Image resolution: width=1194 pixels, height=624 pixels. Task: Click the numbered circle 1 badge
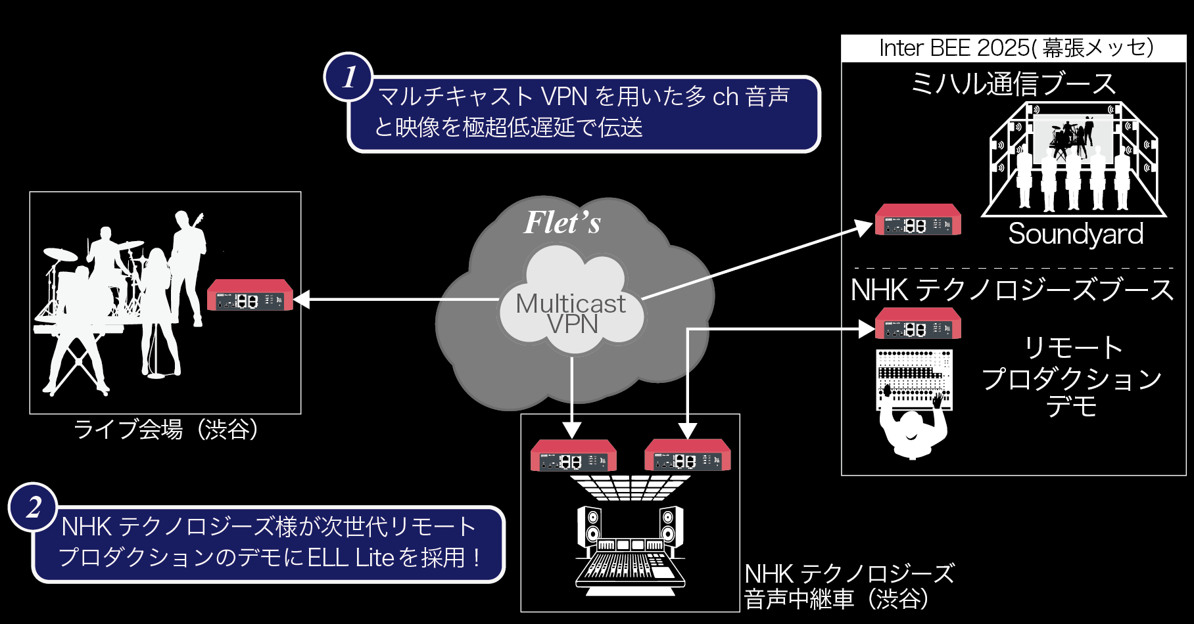348,77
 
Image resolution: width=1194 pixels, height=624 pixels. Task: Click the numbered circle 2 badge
33,508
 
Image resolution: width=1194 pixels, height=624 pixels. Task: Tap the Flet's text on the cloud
562,222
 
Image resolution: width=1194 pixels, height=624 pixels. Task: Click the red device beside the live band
250,296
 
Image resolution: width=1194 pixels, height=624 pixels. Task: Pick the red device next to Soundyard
918,220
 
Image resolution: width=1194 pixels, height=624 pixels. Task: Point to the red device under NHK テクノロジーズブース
918,324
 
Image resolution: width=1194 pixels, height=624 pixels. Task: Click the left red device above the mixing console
573,456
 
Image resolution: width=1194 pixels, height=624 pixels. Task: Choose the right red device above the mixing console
687,456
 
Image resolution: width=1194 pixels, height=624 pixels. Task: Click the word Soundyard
1076,234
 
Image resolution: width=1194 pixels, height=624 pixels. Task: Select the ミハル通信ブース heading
1013,84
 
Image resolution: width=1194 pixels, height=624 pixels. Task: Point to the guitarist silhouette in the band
188,263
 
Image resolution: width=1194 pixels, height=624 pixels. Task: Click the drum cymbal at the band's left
60,254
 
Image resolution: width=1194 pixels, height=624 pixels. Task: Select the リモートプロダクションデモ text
1072,378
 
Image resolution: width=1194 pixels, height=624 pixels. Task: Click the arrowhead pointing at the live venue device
302,300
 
